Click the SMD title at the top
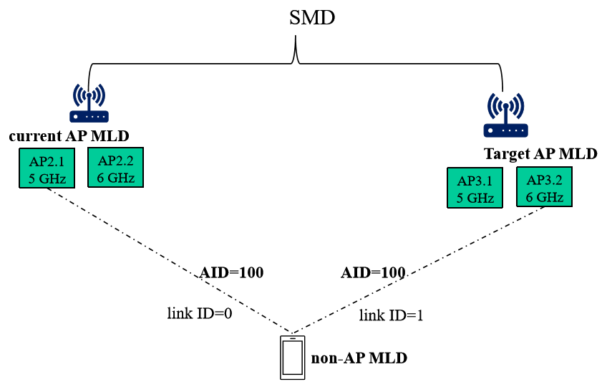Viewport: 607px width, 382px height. click(x=312, y=18)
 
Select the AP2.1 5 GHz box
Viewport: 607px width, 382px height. click(x=47, y=168)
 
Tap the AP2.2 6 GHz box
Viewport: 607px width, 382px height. click(x=116, y=168)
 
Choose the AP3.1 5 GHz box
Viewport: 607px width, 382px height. click(x=475, y=188)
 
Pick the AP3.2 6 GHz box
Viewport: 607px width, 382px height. click(x=544, y=187)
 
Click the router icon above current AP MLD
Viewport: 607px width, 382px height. click(x=89, y=103)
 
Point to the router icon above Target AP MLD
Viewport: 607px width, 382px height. click(x=505, y=115)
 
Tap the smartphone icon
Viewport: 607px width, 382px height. click(x=293, y=358)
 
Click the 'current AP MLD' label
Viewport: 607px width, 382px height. click(x=69, y=136)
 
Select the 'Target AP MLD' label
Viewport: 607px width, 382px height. click(x=540, y=154)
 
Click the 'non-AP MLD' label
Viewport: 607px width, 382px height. click(x=359, y=358)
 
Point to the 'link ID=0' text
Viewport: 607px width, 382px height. click(x=200, y=313)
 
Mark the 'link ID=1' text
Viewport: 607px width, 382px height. click(x=391, y=315)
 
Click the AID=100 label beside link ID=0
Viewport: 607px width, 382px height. click(x=231, y=273)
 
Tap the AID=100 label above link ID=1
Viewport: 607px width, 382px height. click(x=373, y=273)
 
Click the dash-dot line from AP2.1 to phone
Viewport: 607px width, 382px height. click(x=170, y=260)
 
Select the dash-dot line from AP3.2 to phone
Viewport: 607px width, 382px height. click(x=418, y=270)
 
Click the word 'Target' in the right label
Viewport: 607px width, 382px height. click(x=506, y=154)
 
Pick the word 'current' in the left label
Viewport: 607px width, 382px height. click(x=35, y=136)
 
